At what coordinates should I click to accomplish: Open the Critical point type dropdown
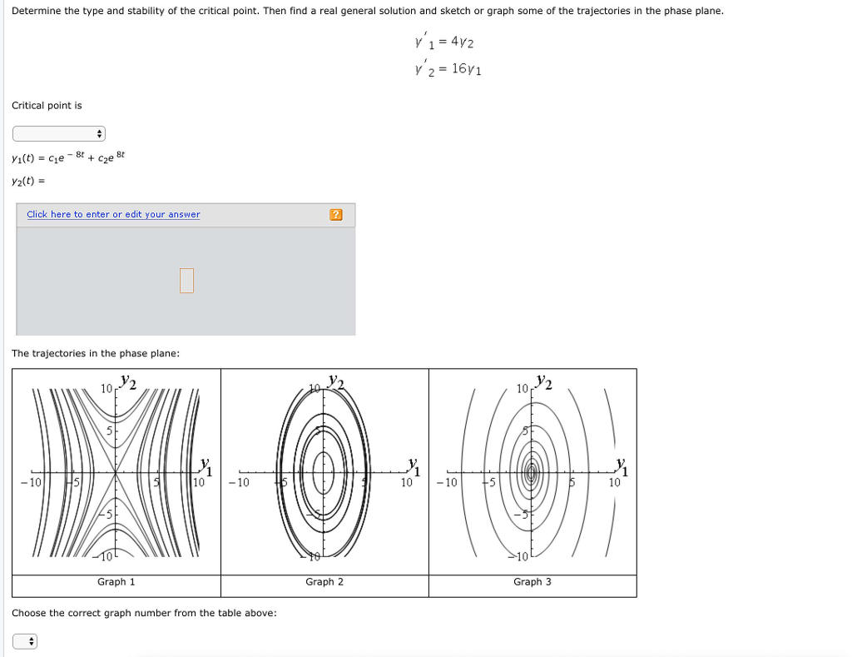pyautogui.click(x=59, y=134)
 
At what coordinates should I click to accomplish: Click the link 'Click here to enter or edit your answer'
pyautogui.click(x=113, y=215)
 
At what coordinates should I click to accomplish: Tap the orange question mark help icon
pyautogui.click(x=335, y=215)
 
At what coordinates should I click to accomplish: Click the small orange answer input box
pyautogui.click(x=186, y=281)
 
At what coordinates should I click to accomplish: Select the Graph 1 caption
pyautogui.click(x=116, y=582)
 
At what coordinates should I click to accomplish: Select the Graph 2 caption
pyautogui.click(x=324, y=582)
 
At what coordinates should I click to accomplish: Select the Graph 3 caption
pyautogui.click(x=532, y=582)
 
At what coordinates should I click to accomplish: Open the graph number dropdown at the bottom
pyautogui.click(x=25, y=641)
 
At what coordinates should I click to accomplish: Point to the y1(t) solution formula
pyautogui.click(x=68, y=157)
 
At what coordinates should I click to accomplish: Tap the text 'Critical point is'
pyautogui.click(x=47, y=106)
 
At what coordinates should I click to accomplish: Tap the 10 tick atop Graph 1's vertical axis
pyautogui.click(x=106, y=389)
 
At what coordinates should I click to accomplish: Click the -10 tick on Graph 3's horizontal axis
pyautogui.click(x=447, y=482)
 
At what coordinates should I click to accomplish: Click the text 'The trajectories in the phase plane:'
pyautogui.click(x=96, y=354)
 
